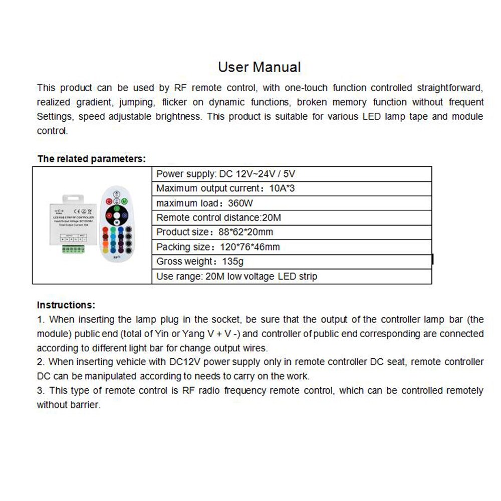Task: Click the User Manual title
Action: coord(259,67)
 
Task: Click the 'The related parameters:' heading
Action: coord(91,159)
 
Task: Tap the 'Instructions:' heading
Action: coord(66,305)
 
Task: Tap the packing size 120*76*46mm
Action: coord(250,246)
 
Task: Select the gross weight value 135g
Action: coord(232,261)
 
